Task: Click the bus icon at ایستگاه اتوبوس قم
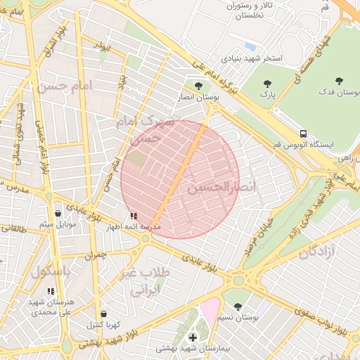(303, 133)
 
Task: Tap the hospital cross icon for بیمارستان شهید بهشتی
(193, 337)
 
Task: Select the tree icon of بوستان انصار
(198, 86)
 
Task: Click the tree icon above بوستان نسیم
(238, 307)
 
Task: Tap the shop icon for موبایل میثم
(58, 213)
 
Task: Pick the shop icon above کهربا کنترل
(104, 314)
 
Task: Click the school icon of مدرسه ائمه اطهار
(134, 217)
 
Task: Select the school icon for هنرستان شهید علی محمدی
(50, 290)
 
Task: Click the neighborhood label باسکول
(51, 271)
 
